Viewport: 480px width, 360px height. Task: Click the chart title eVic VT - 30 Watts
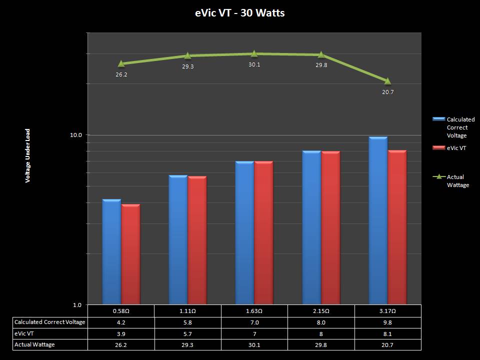pyautogui.click(x=239, y=13)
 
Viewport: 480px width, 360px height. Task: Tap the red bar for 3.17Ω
pyautogui.click(x=397, y=227)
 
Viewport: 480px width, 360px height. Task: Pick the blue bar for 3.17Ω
pyautogui.click(x=378, y=220)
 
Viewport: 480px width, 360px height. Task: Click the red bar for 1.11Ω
pyautogui.click(x=197, y=240)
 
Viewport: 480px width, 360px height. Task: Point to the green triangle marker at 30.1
pyautogui.click(x=254, y=53)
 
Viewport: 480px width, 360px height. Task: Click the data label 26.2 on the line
pyautogui.click(x=121, y=74)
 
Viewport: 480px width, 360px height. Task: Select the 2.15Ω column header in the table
pyautogui.click(x=321, y=311)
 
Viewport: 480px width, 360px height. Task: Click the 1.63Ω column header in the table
pyautogui.click(x=254, y=311)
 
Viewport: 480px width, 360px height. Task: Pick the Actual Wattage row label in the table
pyautogui.click(x=35, y=344)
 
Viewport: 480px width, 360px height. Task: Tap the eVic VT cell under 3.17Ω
pyautogui.click(x=387, y=333)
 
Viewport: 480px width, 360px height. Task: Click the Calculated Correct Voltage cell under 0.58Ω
pyautogui.click(x=121, y=322)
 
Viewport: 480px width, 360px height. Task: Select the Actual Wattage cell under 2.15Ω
pyautogui.click(x=321, y=344)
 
